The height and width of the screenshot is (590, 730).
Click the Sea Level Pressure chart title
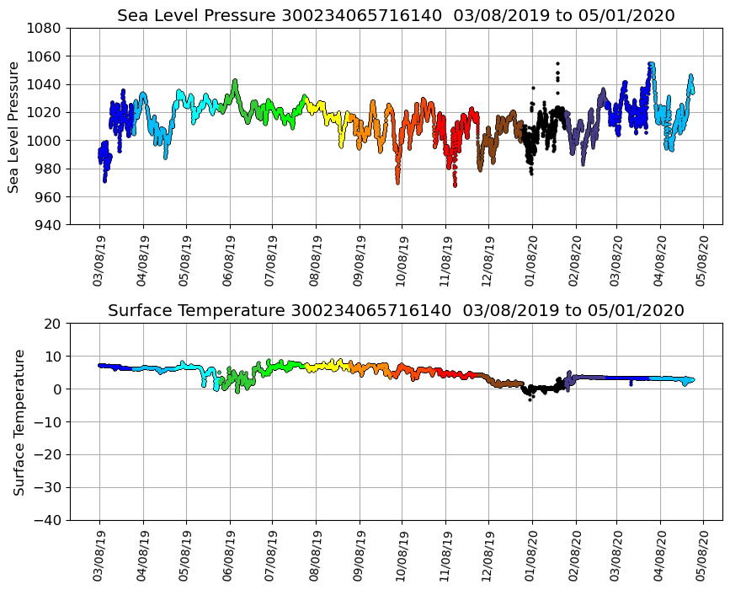[x=396, y=15]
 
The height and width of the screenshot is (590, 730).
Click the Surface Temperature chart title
[x=396, y=310]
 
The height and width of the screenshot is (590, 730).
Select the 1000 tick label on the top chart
[x=43, y=141]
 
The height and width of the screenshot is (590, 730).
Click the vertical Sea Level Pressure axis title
[x=14, y=126]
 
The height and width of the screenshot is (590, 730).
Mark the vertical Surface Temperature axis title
[x=18, y=421]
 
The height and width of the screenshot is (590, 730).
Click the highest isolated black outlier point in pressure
[x=557, y=63]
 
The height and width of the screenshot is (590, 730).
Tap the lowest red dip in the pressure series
[x=455, y=185]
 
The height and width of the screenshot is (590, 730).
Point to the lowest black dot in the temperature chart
[x=530, y=400]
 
